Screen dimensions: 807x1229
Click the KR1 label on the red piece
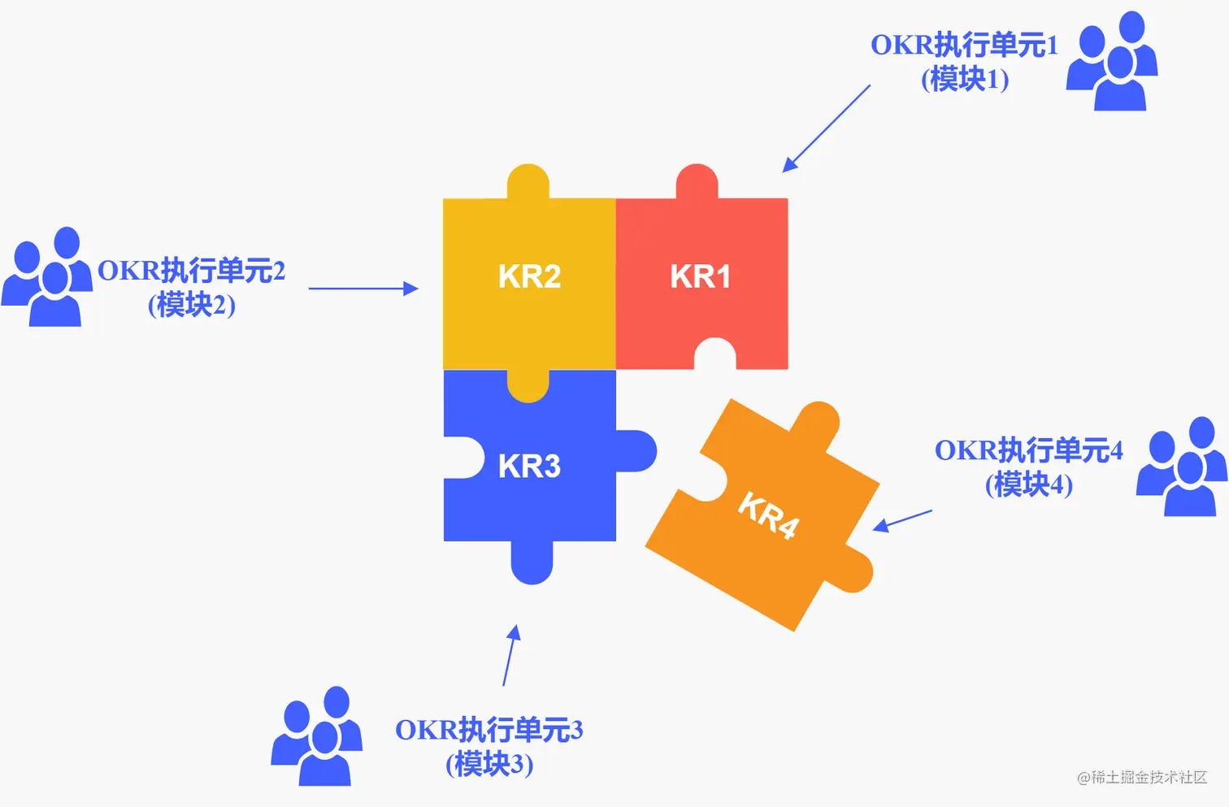click(x=700, y=277)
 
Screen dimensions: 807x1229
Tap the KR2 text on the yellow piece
click(x=529, y=277)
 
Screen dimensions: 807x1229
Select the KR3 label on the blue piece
click(x=529, y=466)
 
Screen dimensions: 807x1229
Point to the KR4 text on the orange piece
click(x=768, y=515)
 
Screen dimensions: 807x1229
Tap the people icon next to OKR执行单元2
click(x=47, y=277)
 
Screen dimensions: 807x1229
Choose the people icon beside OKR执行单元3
click(x=317, y=736)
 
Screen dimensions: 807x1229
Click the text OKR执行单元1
click(x=964, y=46)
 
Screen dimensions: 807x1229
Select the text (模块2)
click(x=192, y=306)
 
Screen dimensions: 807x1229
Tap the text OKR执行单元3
click(x=489, y=730)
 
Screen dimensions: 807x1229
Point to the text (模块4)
click(x=1029, y=485)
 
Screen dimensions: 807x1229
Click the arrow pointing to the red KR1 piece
click(x=826, y=128)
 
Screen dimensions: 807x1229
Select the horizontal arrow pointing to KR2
click(x=363, y=288)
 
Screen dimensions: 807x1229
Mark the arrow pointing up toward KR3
click(x=511, y=655)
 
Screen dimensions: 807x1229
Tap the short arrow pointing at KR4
click(x=902, y=520)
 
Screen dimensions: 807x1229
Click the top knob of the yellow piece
click(x=528, y=181)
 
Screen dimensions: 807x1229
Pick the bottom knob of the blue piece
click(x=532, y=562)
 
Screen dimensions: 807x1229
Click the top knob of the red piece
click(x=697, y=181)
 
